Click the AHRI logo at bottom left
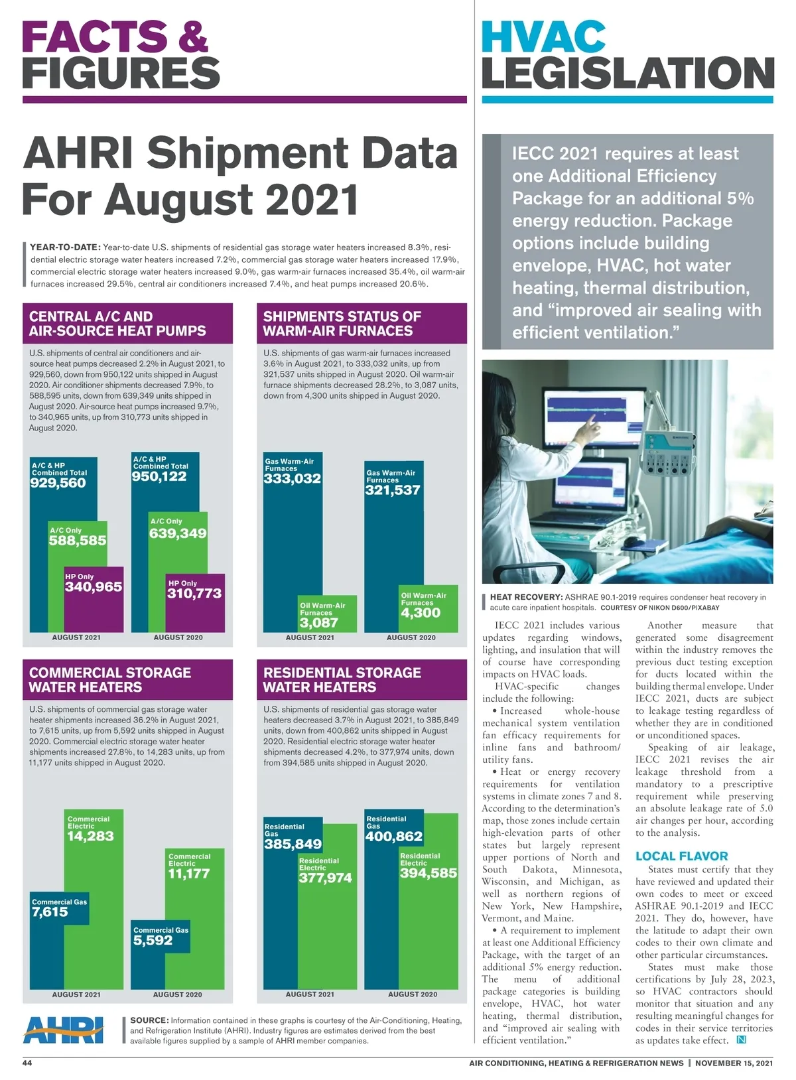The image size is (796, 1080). (64, 1029)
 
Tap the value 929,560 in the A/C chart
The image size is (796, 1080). (58, 483)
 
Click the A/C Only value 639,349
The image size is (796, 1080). (178, 533)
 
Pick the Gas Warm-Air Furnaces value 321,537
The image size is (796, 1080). (393, 490)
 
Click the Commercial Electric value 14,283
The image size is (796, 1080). (90, 836)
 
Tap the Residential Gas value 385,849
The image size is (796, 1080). (293, 844)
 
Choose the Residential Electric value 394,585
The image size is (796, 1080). (429, 873)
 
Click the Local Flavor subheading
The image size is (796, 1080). (681, 856)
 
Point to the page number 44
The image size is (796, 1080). (27, 1063)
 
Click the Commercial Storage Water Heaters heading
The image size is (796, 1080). (110, 680)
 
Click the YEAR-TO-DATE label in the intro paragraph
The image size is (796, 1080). (66, 247)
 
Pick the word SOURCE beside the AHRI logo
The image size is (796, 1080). (149, 1020)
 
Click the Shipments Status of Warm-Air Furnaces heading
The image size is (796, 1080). (342, 324)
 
